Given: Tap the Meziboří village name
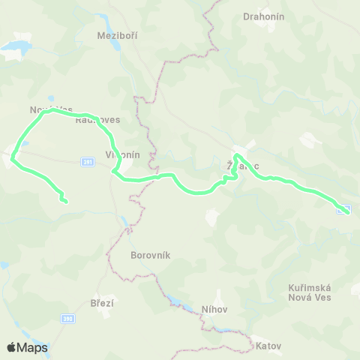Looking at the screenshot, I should [118, 35].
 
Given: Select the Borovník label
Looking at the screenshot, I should [151, 255].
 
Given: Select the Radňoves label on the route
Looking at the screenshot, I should [97, 119].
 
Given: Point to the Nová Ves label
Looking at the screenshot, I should [51, 110].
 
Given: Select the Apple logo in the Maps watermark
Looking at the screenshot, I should [11, 347].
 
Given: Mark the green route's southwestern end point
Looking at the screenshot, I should [65, 201].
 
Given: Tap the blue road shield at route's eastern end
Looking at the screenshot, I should [344, 209].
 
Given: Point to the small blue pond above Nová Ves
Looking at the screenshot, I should [50, 98].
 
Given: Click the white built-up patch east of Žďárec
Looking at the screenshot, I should [308, 139].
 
